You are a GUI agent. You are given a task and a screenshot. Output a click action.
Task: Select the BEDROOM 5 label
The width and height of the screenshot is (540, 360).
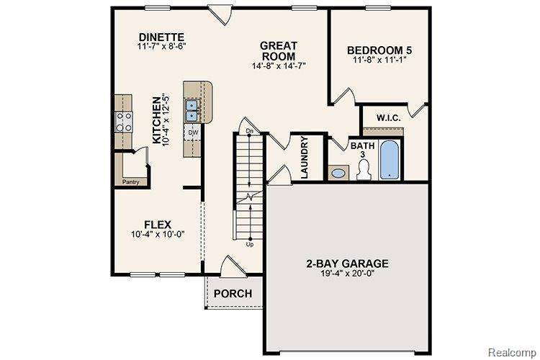(x=379, y=50)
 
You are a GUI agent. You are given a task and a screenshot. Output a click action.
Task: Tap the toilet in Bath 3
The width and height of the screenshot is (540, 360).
(x=363, y=168)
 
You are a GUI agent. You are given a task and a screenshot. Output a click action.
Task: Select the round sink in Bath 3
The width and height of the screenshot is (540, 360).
(x=338, y=173)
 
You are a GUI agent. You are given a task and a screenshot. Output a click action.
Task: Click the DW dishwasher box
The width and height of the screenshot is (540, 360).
(x=193, y=133)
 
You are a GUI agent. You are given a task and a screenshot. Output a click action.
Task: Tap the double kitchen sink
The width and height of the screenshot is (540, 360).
(x=193, y=110)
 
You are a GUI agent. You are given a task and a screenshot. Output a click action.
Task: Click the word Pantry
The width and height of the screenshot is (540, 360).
(x=130, y=181)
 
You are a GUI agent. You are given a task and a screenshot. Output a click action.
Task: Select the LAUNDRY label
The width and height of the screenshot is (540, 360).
(x=305, y=160)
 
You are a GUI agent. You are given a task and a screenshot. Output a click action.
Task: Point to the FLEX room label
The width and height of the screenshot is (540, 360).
(x=158, y=223)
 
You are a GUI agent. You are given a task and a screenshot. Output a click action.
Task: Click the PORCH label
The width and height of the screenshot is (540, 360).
(x=233, y=293)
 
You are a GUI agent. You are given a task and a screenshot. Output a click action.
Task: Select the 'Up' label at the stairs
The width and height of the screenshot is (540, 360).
(x=249, y=245)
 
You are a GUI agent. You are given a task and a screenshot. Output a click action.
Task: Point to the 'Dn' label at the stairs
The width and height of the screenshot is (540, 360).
(x=249, y=130)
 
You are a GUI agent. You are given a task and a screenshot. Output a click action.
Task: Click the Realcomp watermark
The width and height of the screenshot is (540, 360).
(x=513, y=353)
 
